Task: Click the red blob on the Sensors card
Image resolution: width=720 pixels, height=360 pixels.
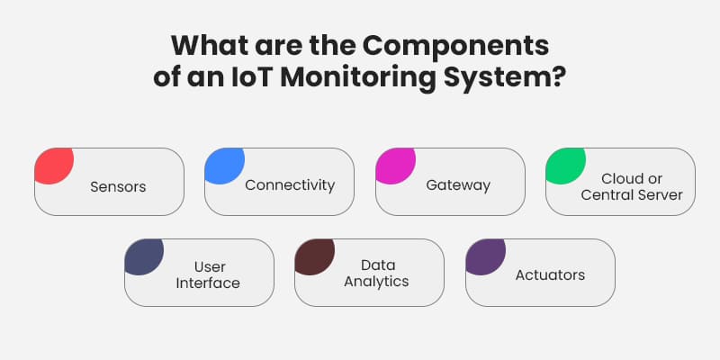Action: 51,165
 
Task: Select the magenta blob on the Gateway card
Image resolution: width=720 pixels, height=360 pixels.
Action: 392,165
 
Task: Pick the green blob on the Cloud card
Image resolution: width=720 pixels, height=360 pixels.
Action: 563,165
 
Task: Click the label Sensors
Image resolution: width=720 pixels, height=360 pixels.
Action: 118,187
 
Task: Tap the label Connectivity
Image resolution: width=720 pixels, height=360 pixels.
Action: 289,184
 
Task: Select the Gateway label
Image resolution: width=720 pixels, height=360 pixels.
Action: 458,185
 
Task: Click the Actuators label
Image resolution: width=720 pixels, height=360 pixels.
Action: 550,274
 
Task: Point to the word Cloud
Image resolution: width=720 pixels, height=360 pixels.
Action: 620,178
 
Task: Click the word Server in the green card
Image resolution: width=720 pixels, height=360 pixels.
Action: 661,194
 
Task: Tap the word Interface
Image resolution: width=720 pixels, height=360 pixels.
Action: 209,283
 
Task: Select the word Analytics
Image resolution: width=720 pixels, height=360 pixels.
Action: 378,281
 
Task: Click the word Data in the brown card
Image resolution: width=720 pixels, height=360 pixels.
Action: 378,265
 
